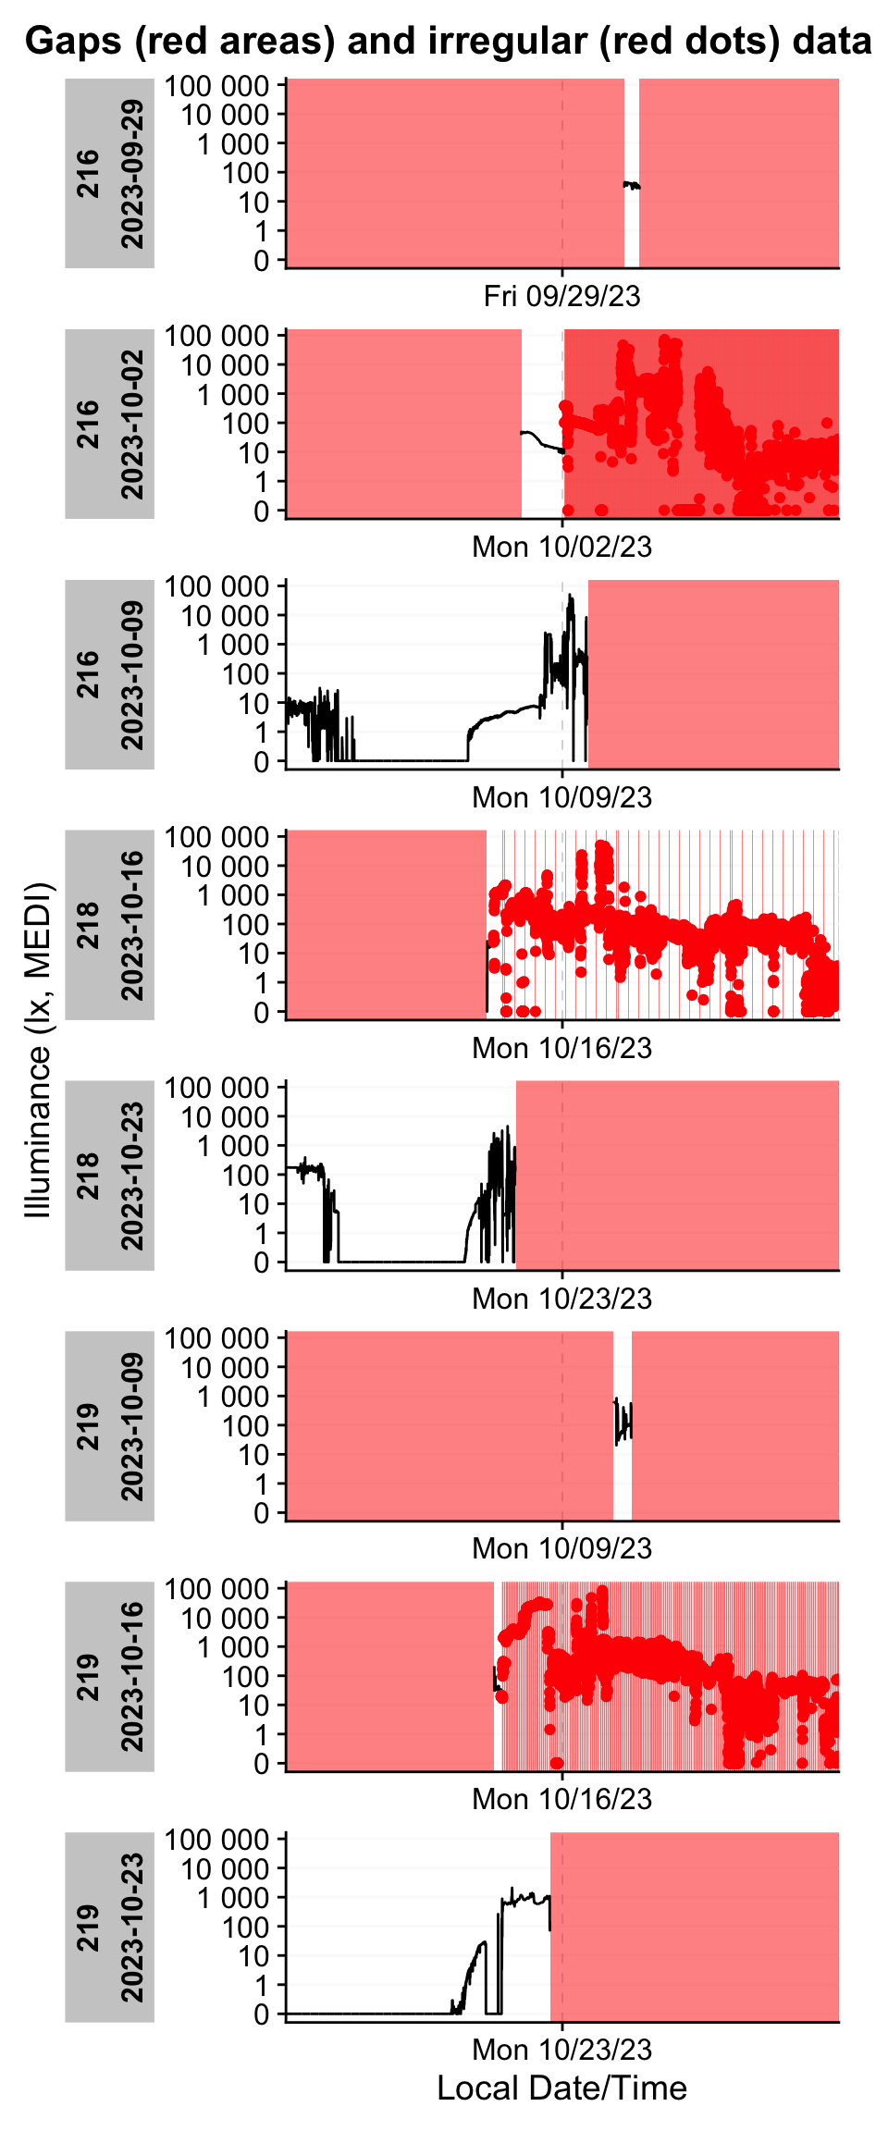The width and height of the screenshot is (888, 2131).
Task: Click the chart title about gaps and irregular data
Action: [448, 42]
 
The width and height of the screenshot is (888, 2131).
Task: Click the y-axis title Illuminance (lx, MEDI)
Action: [39, 1050]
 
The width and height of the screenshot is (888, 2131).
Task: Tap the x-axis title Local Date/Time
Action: [561, 2088]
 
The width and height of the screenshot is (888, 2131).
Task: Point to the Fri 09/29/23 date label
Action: [561, 296]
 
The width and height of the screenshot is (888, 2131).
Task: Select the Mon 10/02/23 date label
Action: [561, 547]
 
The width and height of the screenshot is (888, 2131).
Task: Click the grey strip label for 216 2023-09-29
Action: [109, 174]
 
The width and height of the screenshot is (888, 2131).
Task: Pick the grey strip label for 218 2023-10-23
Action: [109, 1176]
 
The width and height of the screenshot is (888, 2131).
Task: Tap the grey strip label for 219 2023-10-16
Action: [109, 1676]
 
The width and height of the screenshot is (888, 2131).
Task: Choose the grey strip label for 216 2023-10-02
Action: [109, 424]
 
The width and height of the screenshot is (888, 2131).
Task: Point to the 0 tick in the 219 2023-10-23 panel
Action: [263, 2014]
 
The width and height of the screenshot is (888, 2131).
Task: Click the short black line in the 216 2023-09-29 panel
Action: [632, 186]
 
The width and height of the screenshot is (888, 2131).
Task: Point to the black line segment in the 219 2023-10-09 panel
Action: [623, 1420]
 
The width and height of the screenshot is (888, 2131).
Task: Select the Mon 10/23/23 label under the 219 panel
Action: [561, 2050]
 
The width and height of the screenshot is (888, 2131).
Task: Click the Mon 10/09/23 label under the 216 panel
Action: [561, 797]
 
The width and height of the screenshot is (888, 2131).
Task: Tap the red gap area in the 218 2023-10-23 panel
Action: [677, 1176]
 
